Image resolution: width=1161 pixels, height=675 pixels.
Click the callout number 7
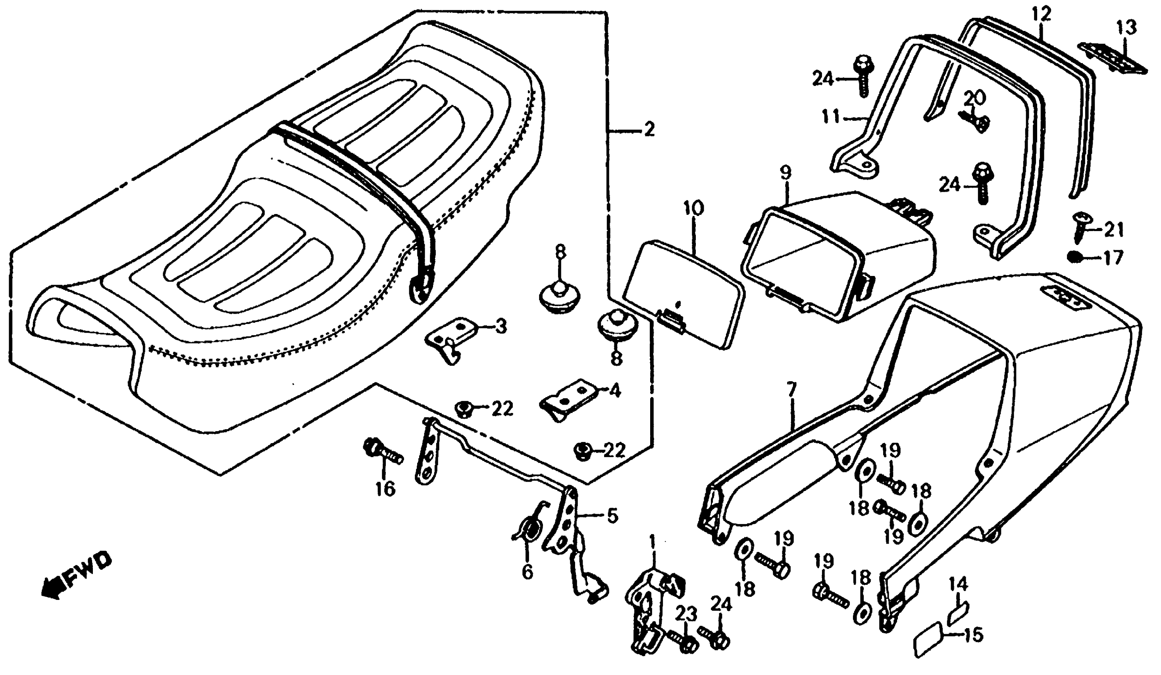(x=791, y=391)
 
